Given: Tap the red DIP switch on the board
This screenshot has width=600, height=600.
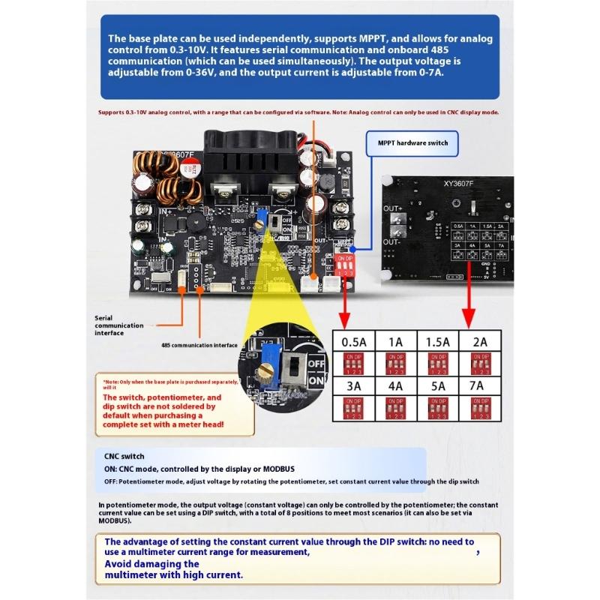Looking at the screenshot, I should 345,267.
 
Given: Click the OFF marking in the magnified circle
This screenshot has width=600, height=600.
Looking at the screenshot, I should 316,361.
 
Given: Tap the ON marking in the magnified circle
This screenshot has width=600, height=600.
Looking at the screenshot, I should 316,380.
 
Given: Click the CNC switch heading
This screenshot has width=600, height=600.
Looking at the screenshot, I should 124,456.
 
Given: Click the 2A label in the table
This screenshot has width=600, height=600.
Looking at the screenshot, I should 479,341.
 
